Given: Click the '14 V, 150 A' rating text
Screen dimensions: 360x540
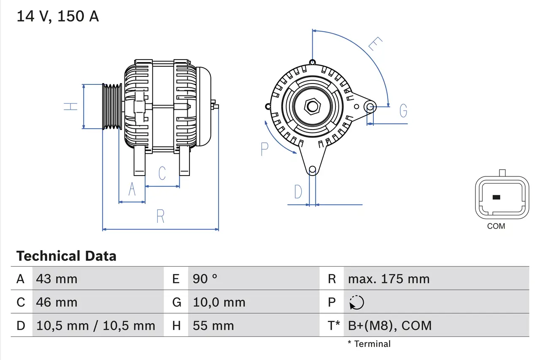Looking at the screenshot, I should coord(57,16).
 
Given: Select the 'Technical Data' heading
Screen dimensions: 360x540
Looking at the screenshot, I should coord(66,256).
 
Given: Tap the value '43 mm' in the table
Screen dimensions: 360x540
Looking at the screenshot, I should coord(57,279).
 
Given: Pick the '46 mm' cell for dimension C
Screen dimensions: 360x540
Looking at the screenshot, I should coord(57,302).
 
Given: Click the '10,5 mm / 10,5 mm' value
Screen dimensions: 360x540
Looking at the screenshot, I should coord(96,325).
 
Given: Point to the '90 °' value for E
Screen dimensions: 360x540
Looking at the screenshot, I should coord(205,279).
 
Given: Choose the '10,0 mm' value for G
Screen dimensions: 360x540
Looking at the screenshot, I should coord(219,302).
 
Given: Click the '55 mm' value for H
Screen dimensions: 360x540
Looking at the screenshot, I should coord(213,325).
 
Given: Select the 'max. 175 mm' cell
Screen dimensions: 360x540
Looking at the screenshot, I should coord(389,279).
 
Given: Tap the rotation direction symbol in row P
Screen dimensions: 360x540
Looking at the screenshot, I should coord(356,303).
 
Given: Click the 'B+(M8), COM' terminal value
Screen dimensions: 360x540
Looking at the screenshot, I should coord(390,325).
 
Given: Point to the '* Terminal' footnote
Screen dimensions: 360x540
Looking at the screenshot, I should coord(369,344).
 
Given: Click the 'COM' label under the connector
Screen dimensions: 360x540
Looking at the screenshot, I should coord(496,226).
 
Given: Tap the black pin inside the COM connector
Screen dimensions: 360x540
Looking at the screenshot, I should coord(496,197).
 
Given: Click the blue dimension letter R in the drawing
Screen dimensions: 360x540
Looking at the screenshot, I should coord(160,216).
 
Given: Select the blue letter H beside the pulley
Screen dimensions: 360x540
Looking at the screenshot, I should coord(71,106).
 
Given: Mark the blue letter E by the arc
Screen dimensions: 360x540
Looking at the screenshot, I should coord(375,44).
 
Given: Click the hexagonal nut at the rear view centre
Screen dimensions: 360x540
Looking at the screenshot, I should coord(312,106).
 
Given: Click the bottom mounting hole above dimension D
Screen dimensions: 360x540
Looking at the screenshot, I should coord(312,170).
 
